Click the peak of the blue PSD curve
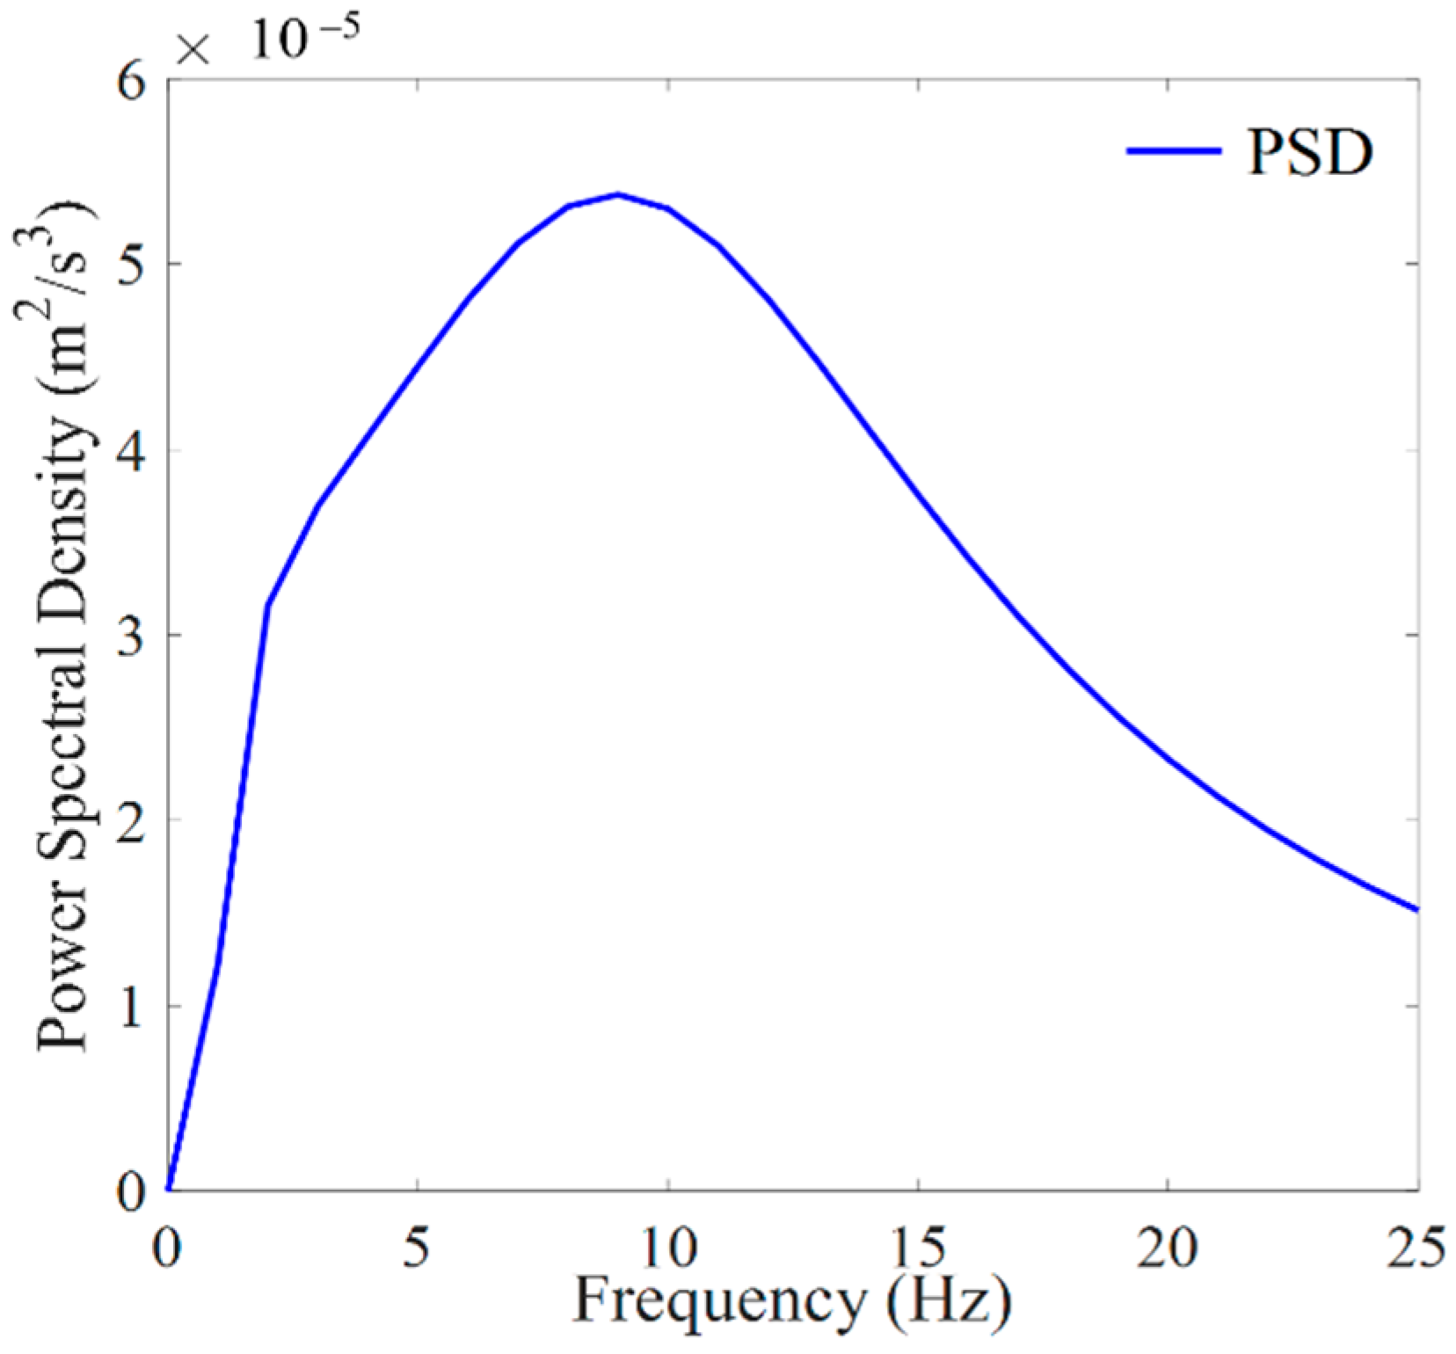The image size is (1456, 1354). point(618,194)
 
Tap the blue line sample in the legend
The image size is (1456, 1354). point(1174,151)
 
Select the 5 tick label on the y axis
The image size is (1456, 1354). point(131,266)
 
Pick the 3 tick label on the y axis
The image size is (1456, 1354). point(131,637)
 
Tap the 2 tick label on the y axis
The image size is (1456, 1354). point(131,822)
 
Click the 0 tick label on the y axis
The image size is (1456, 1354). point(131,1193)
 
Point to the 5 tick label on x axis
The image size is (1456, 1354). point(418,1248)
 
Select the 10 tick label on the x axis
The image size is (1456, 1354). point(668,1248)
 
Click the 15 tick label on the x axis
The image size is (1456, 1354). point(918,1248)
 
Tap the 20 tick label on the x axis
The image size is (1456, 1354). point(1168,1248)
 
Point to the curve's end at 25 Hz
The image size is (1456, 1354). point(1417,909)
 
